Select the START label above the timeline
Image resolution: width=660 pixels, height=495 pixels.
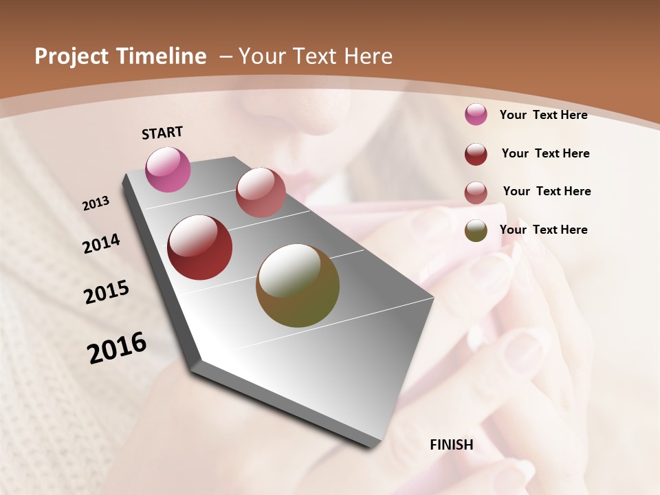[x=162, y=133]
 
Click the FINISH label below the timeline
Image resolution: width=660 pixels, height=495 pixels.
[x=452, y=445]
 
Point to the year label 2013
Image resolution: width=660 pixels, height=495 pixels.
[x=96, y=203]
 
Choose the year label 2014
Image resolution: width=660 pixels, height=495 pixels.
[x=101, y=244]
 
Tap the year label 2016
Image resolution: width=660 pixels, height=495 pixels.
[x=117, y=348]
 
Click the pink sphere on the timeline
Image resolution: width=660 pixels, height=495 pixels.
[x=168, y=169]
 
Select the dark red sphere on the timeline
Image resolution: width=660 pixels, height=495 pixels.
[x=200, y=247]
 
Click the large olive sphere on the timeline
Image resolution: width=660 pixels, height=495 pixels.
[x=298, y=285]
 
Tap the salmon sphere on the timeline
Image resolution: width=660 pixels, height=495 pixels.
[x=261, y=192]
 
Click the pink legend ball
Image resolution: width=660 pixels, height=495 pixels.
[x=476, y=114]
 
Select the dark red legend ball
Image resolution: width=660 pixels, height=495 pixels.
[x=476, y=154]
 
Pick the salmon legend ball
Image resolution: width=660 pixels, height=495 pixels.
[x=476, y=192]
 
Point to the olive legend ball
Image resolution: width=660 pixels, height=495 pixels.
[x=476, y=230]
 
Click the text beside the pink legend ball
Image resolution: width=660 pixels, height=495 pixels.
[x=543, y=115]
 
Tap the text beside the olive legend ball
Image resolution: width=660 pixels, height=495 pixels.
[x=543, y=230]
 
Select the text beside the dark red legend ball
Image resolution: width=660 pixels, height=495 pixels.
[x=545, y=153]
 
